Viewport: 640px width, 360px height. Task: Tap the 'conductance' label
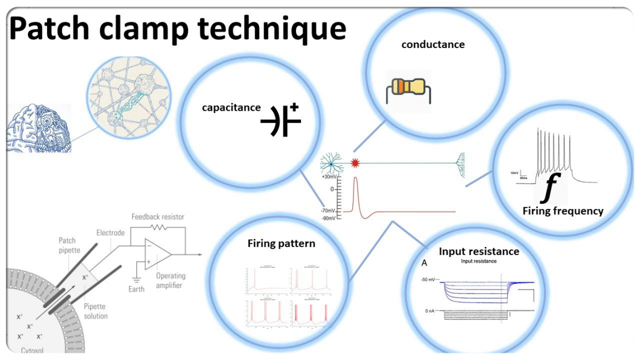(432, 45)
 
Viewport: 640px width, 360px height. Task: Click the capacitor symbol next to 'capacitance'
(281, 119)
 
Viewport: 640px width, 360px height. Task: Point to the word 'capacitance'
(231, 107)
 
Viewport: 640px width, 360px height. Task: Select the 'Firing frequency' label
(563, 211)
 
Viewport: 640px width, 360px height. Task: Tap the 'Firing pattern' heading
(281, 244)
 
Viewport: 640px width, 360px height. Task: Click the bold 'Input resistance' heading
(479, 251)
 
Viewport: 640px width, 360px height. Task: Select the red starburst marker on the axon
(354, 163)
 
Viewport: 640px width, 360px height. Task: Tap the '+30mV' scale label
(329, 177)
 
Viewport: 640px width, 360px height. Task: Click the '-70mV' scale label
(328, 211)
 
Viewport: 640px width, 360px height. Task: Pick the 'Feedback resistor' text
(158, 216)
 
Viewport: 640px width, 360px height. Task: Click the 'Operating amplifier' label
(171, 281)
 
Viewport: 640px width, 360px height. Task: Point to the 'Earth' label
(136, 289)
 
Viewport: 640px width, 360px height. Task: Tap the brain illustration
(38, 129)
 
